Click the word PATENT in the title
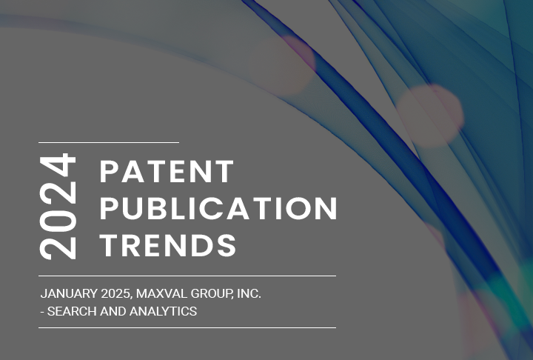click(x=167, y=172)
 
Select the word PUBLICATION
click(x=218, y=209)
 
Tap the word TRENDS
click(x=169, y=245)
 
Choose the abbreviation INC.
click(x=249, y=294)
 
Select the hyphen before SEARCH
click(x=42, y=312)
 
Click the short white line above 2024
click(x=109, y=141)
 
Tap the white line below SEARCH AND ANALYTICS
click(x=187, y=327)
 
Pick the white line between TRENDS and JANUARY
click(x=187, y=276)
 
